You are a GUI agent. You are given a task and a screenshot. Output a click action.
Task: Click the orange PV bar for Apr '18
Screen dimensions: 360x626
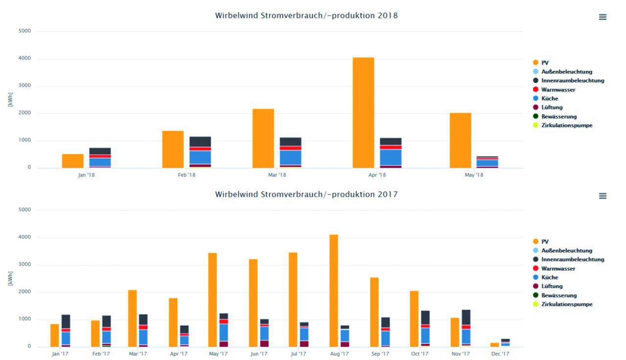pyautogui.click(x=363, y=112)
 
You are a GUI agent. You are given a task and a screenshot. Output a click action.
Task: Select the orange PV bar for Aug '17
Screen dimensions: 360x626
pyautogui.click(x=334, y=291)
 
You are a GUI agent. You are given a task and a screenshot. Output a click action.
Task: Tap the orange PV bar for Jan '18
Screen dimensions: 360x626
pyautogui.click(x=72, y=161)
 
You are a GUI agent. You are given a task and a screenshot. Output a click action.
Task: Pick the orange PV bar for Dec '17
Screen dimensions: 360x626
pyautogui.click(x=494, y=344)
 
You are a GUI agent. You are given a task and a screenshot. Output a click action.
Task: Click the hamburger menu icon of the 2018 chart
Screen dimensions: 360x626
pyautogui.click(x=603, y=17)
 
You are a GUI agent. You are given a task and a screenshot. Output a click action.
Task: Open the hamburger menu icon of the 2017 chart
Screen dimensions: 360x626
pyautogui.click(x=603, y=196)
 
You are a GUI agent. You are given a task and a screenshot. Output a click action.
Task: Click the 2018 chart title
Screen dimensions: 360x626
pyautogui.click(x=306, y=16)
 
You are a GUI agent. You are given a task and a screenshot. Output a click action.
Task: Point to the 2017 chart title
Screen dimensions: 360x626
pyautogui.click(x=306, y=195)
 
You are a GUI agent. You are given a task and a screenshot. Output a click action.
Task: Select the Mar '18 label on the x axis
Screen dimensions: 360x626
pyautogui.click(x=277, y=175)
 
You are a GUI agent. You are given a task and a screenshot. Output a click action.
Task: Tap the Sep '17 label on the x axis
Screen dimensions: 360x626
pyautogui.click(x=380, y=354)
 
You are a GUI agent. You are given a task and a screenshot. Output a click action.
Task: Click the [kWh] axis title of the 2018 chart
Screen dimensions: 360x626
pyautogui.click(x=10, y=99)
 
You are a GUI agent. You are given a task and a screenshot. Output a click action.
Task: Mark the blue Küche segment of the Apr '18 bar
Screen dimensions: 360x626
pyautogui.click(x=390, y=157)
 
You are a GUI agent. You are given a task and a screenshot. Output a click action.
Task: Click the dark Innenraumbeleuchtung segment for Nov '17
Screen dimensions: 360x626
pyautogui.click(x=466, y=317)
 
